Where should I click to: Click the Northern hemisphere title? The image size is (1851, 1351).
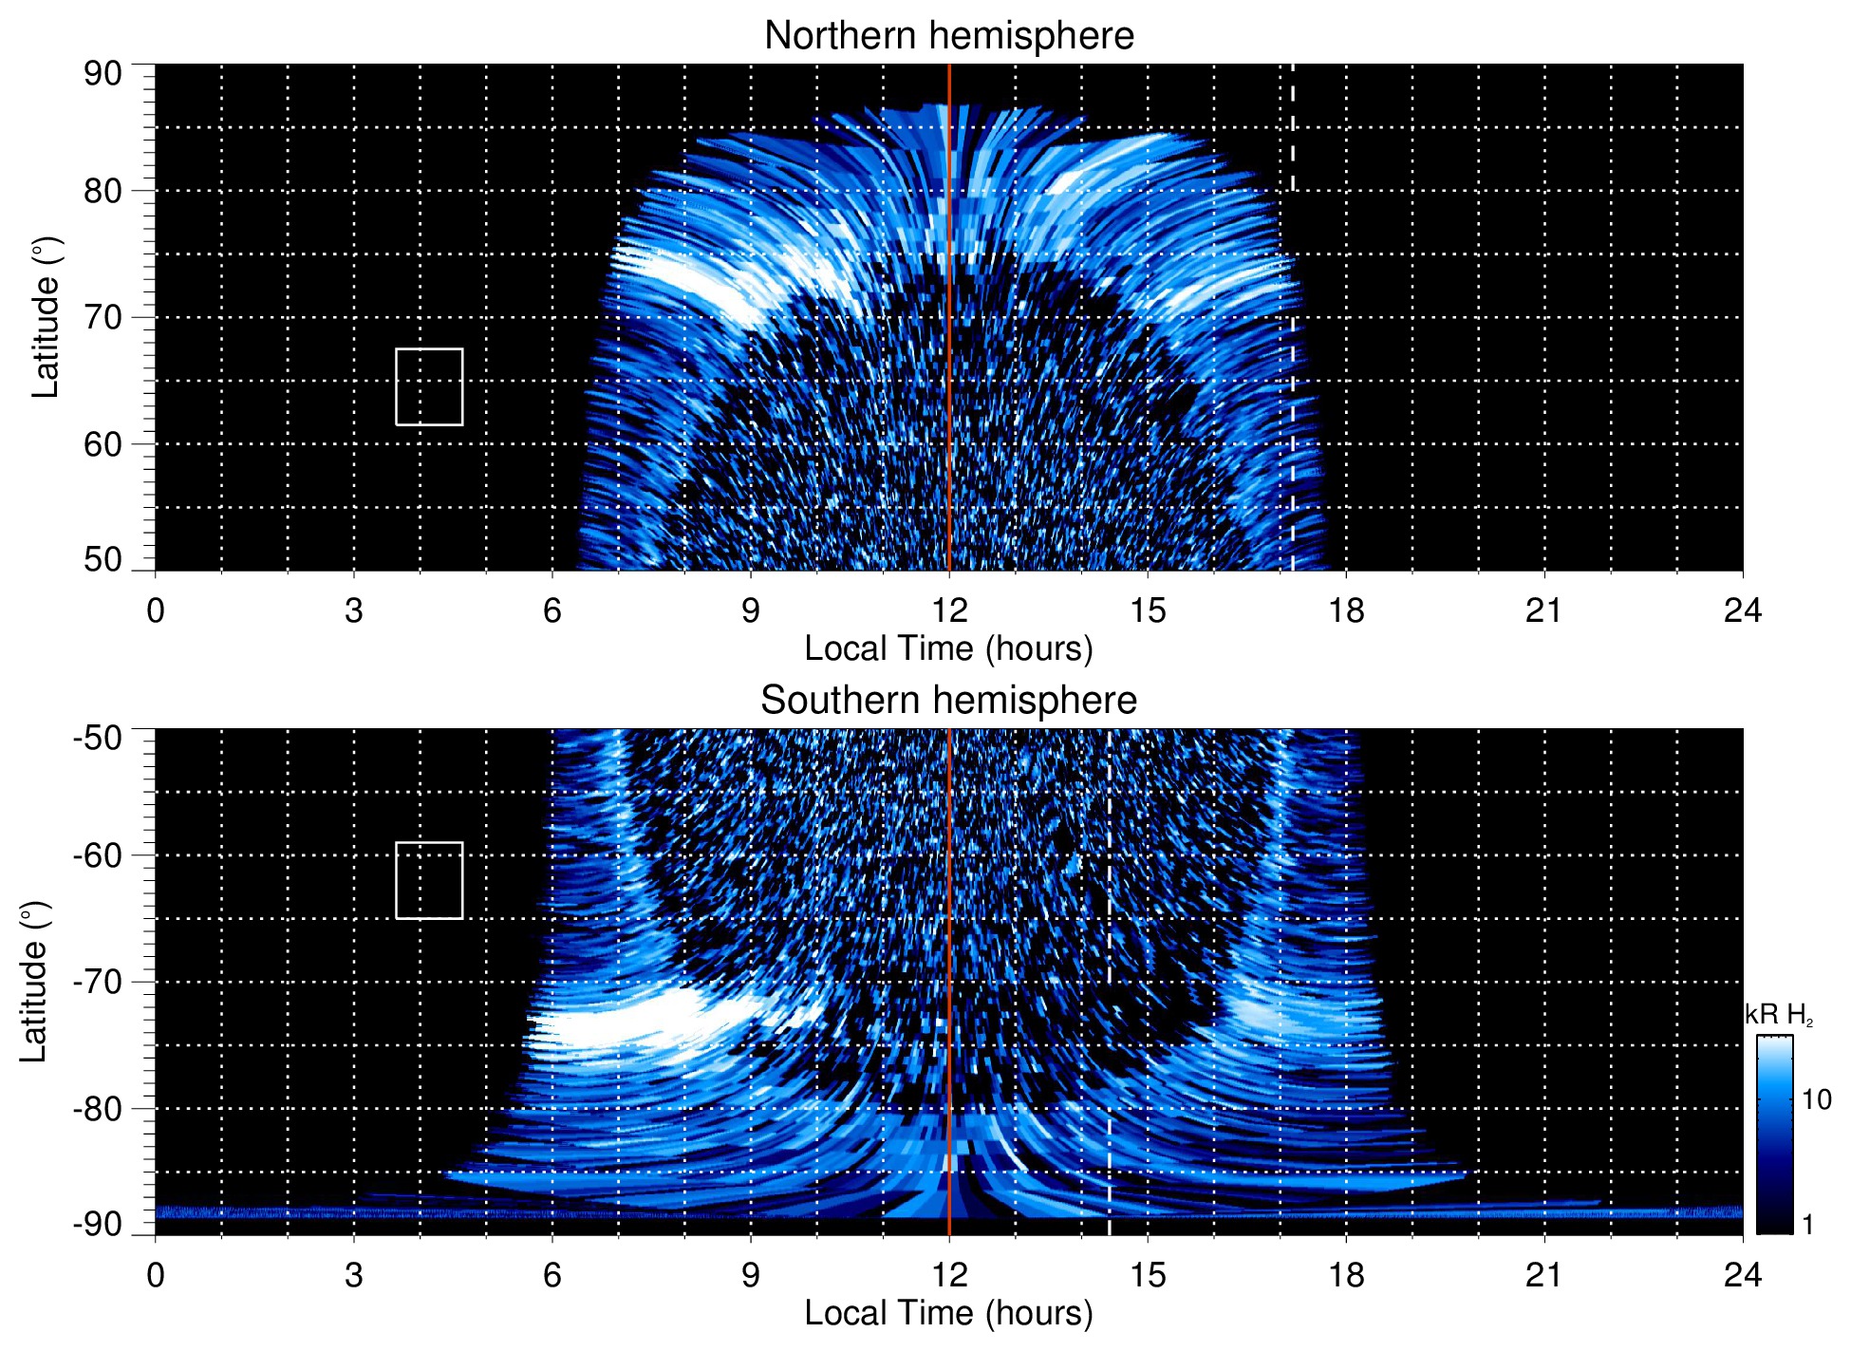click(948, 36)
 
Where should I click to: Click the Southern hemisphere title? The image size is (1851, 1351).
click(948, 701)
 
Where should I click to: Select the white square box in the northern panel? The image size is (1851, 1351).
click(429, 387)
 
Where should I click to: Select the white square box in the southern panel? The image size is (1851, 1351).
click(429, 880)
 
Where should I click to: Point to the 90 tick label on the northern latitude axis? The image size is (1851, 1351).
click(103, 74)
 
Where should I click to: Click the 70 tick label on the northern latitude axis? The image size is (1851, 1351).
click(103, 317)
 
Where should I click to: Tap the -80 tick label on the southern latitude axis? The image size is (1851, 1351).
click(98, 1108)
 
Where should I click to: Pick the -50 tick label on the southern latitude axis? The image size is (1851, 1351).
click(98, 738)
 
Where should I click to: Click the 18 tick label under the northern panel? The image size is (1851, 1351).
click(1346, 610)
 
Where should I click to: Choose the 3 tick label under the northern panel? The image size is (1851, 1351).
click(354, 610)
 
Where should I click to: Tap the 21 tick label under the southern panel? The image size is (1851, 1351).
click(1544, 1275)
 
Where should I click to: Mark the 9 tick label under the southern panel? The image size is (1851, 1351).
click(751, 1275)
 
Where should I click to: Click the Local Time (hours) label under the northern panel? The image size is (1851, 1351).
click(948, 648)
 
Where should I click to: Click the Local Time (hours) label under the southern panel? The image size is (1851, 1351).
click(948, 1313)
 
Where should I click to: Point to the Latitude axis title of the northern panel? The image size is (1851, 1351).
click(45, 317)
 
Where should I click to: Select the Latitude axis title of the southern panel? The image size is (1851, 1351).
click(33, 982)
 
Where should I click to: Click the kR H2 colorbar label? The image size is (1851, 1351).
click(1778, 1015)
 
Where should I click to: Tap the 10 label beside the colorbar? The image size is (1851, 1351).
click(1816, 1099)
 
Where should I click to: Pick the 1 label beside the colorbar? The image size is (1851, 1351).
click(1807, 1225)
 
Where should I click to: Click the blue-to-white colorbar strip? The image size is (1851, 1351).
click(1774, 1135)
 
